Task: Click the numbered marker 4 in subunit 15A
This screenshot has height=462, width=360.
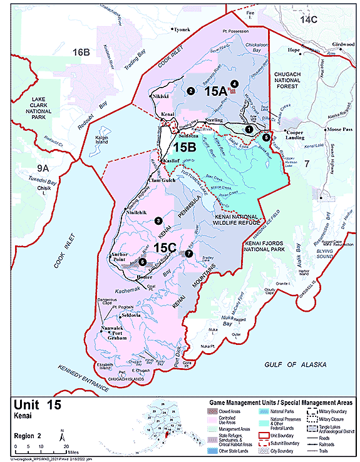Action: [x=234, y=83]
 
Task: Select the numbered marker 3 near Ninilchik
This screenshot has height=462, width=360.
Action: [x=158, y=220]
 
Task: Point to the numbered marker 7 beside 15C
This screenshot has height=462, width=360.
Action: [x=189, y=254]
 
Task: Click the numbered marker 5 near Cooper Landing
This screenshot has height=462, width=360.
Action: [x=266, y=136]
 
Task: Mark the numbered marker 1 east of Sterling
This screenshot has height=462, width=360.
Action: [x=249, y=128]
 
